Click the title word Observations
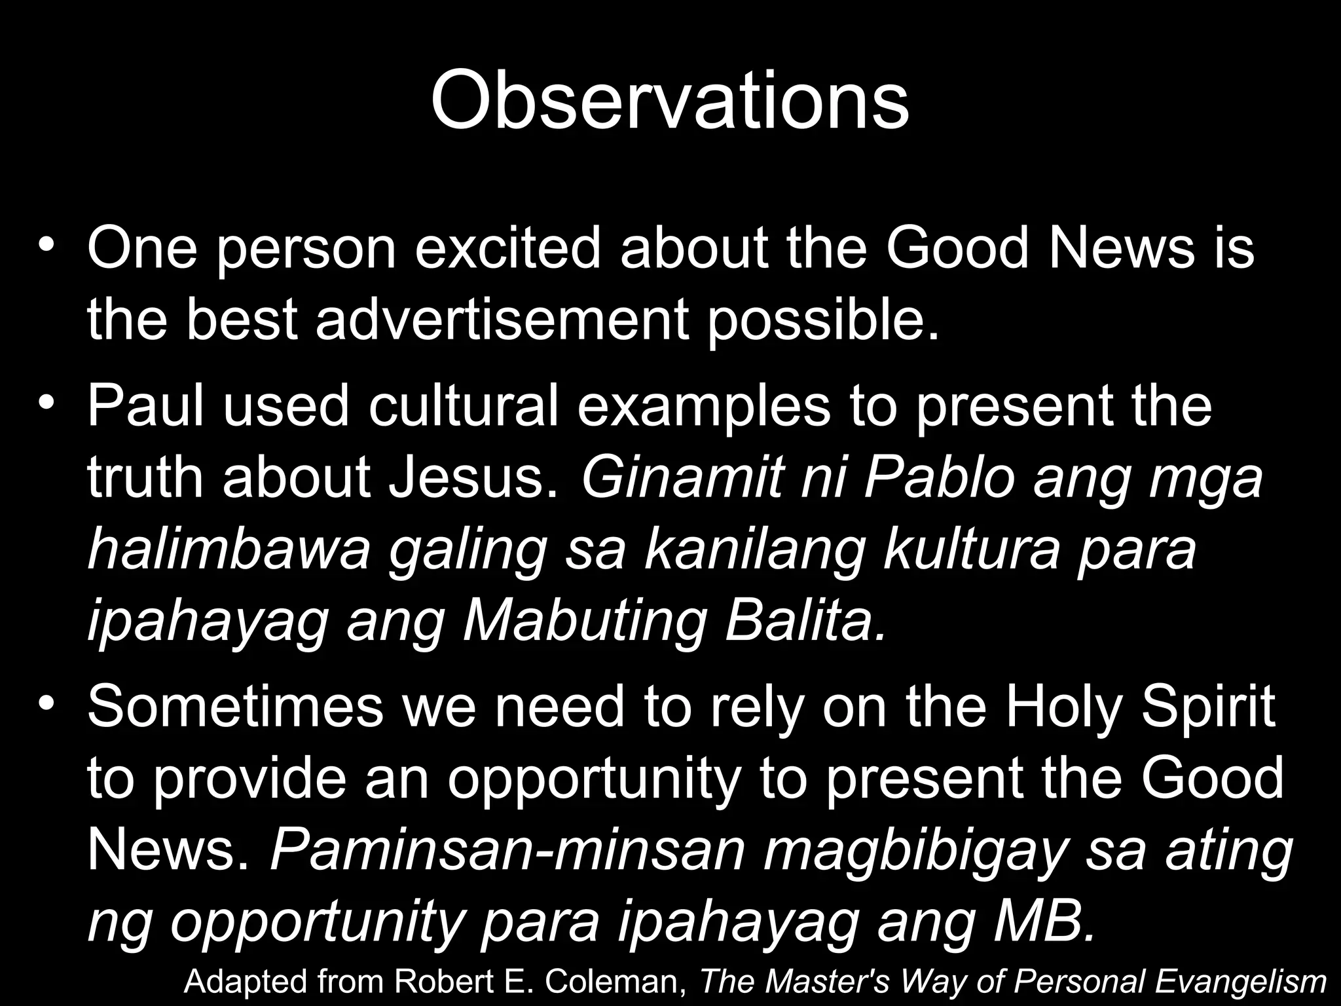[x=670, y=102]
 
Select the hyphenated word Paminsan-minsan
[x=507, y=850]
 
